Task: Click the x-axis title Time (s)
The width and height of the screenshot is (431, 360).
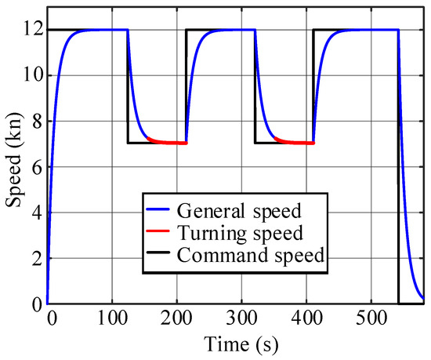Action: pyautogui.click(x=236, y=343)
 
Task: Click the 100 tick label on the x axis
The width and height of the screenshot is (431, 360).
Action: pyautogui.click(x=110, y=319)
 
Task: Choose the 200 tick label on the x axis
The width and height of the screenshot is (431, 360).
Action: pyautogui.click(x=174, y=319)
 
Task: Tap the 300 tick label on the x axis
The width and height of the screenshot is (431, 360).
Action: pyautogui.click(x=237, y=319)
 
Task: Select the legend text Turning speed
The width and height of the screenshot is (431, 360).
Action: pyautogui.click(x=229, y=233)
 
